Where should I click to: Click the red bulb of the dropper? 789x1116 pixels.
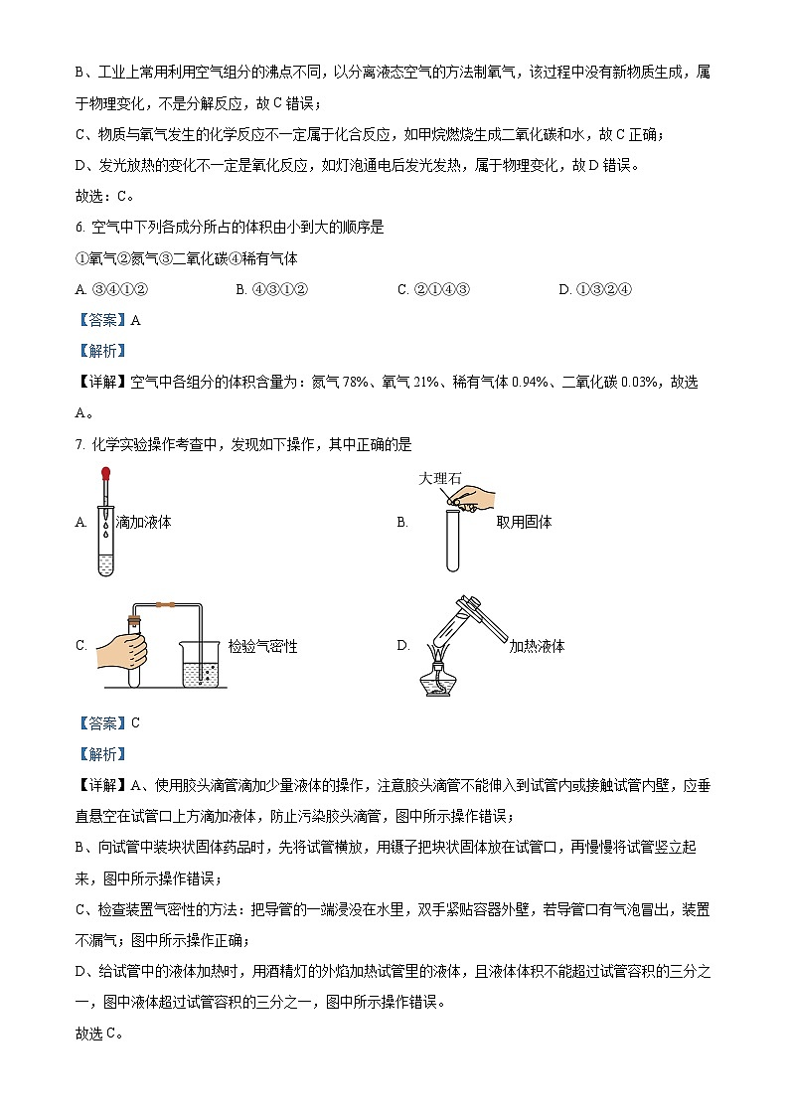click(105, 474)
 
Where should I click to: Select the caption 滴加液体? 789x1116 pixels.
click(144, 522)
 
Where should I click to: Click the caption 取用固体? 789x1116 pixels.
click(524, 522)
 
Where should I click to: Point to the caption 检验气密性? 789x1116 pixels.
click(262, 646)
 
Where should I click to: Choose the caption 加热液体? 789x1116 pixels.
click(537, 646)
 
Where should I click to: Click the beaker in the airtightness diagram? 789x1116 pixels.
click(205, 661)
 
